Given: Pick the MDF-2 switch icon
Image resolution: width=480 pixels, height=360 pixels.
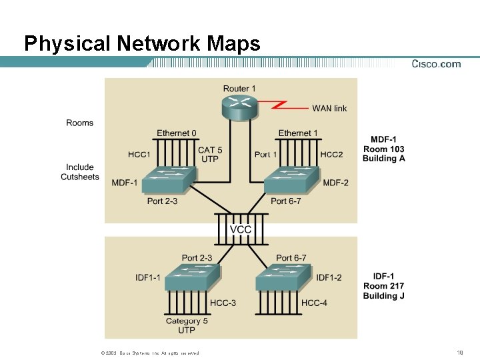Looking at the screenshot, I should (291, 181).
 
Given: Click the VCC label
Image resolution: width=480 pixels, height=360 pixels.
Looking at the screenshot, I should (241, 229).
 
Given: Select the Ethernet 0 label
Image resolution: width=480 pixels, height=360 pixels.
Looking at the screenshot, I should (177, 133).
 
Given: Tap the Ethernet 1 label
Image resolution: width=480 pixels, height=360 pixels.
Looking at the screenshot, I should (298, 133).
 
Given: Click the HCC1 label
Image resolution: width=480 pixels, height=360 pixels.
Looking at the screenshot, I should (139, 155).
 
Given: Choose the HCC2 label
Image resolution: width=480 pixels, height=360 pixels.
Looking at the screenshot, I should (331, 154).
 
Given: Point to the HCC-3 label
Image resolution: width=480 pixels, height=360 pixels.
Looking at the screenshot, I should (223, 303).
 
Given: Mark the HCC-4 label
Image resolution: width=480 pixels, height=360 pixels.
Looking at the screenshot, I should (314, 303).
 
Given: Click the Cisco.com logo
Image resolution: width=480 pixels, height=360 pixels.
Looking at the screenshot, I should (436, 64).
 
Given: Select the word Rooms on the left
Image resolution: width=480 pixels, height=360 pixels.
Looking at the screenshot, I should (80, 123).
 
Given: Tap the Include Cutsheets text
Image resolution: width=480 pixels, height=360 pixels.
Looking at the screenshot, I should (80, 172).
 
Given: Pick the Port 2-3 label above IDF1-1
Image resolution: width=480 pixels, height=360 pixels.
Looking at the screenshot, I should (197, 258).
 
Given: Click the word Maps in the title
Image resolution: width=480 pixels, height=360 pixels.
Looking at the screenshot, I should (233, 44).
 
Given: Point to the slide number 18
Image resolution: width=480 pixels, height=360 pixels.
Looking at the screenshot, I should (461, 352).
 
